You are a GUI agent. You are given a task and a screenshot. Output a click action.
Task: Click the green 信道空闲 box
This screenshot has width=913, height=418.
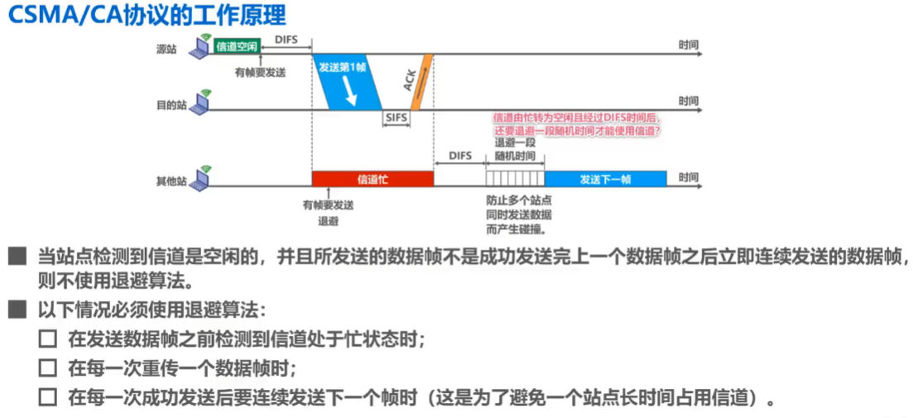tap(237, 46)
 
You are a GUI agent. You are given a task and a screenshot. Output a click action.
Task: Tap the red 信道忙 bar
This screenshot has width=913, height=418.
tap(372, 179)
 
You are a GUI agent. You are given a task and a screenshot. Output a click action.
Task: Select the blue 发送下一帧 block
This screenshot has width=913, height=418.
tap(606, 179)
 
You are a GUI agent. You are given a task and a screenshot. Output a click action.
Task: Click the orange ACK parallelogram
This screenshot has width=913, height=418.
tap(421, 81)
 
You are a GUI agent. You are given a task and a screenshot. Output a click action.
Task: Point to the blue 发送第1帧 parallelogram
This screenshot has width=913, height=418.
tap(348, 81)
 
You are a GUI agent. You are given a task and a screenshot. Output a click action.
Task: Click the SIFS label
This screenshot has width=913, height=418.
tap(396, 118)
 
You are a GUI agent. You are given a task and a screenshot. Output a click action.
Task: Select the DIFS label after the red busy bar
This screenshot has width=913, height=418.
tap(460, 156)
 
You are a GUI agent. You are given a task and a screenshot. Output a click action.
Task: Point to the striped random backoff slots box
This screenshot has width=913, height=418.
tap(515, 179)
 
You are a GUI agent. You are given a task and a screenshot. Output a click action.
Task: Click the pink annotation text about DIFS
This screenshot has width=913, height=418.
tap(576, 124)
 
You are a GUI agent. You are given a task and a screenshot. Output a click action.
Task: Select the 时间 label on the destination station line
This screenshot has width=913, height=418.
tap(688, 100)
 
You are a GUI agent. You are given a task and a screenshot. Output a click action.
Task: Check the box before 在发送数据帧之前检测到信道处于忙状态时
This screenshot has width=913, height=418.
tap(48, 339)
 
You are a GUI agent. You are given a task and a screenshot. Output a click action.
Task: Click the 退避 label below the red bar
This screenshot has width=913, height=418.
tap(329, 221)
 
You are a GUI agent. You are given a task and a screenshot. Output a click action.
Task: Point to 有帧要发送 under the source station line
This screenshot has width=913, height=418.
tap(260, 72)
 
